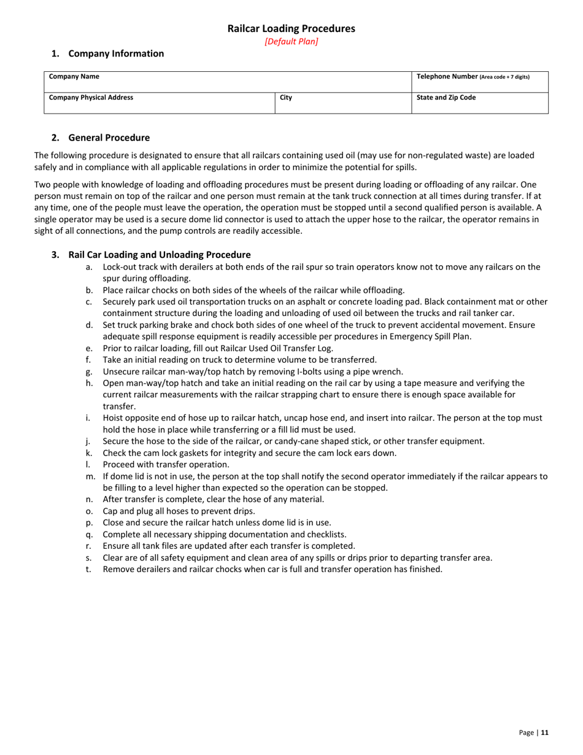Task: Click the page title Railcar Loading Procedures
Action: pyautogui.click(x=291, y=28)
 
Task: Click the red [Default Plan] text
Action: pyautogui.click(x=291, y=42)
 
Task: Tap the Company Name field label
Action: pyautogui.click(x=74, y=77)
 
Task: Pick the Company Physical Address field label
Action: pyautogui.click(x=91, y=97)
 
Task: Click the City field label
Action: pyautogui.click(x=286, y=97)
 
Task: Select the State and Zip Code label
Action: pyautogui.click(x=446, y=97)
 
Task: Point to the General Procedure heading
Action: pyautogui.click(x=109, y=137)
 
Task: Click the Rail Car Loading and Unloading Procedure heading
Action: pyautogui.click(x=159, y=255)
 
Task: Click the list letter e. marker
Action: pyautogui.click(x=90, y=348)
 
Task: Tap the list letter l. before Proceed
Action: pyautogui.click(x=89, y=465)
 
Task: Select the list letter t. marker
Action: pyautogui.click(x=89, y=569)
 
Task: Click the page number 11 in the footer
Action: pyautogui.click(x=544, y=732)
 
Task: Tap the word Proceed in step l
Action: pyautogui.click(x=120, y=465)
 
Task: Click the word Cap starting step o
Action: pyautogui.click(x=110, y=511)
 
